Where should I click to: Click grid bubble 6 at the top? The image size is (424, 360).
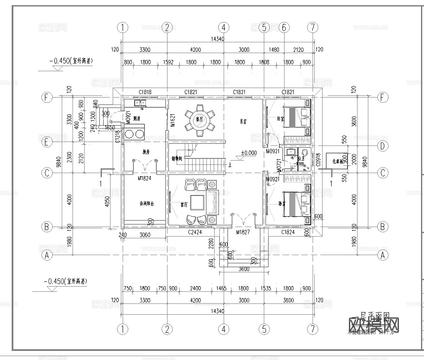(284, 27)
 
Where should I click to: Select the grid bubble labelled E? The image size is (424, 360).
(47, 142)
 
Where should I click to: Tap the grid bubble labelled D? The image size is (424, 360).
(382, 146)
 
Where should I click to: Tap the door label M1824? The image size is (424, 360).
(144, 178)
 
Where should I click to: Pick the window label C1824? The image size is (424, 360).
(288, 232)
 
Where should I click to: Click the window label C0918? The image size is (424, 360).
(318, 160)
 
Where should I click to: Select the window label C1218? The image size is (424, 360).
(117, 136)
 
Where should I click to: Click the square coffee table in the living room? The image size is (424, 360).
(199, 202)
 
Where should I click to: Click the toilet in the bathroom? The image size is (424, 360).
(304, 152)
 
